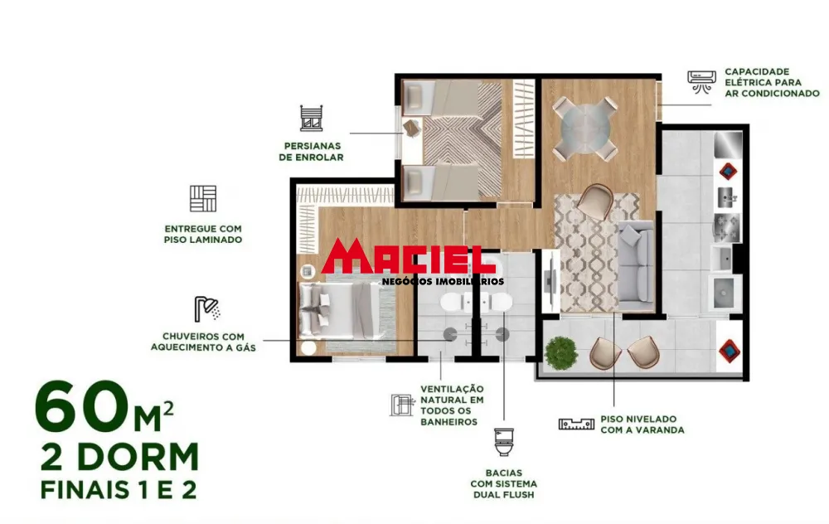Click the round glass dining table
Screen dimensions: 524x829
[x=585, y=129]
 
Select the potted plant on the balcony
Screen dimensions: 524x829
[x=561, y=352]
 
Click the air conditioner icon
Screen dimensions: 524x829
[x=701, y=80]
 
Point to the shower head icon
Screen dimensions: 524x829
[x=207, y=309]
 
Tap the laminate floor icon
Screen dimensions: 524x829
[x=203, y=199]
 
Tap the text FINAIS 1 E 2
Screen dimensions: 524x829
[x=119, y=490]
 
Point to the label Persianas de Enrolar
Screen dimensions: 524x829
[x=311, y=150]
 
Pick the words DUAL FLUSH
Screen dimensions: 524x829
[x=502, y=495]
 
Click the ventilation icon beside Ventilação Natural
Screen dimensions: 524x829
[x=402, y=405]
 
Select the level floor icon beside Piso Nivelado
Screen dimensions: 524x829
[x=577, y=423]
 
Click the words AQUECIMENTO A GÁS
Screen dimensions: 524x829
[x=203, y=347]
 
